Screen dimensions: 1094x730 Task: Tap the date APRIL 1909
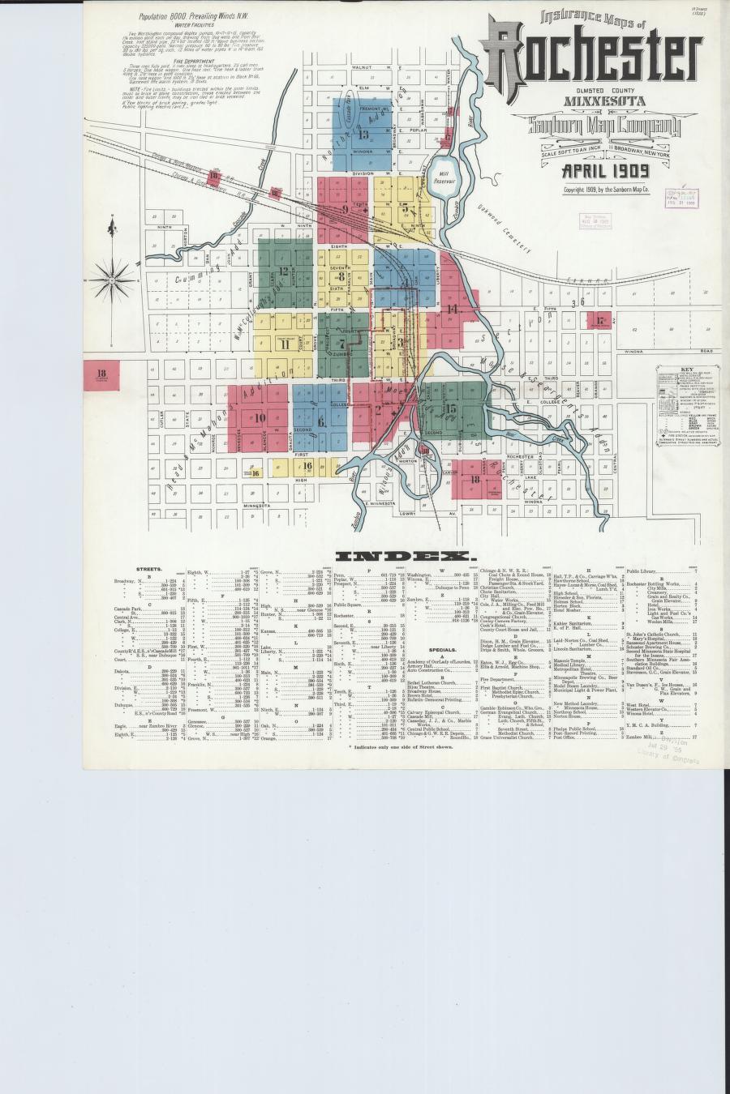click(605, 171)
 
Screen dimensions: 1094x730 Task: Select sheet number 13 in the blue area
click(364, 135)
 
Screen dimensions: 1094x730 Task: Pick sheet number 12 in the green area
click(283, 271)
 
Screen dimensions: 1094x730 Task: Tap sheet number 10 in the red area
click(260, 418)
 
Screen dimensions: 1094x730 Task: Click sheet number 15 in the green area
click(451, 409)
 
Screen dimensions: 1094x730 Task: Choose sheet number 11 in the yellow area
click(285, 344)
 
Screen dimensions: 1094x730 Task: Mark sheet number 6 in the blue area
click(321, 421)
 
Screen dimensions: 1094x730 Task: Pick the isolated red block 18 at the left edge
click(101, 374)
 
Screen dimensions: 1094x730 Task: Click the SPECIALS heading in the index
click(442, 650)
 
